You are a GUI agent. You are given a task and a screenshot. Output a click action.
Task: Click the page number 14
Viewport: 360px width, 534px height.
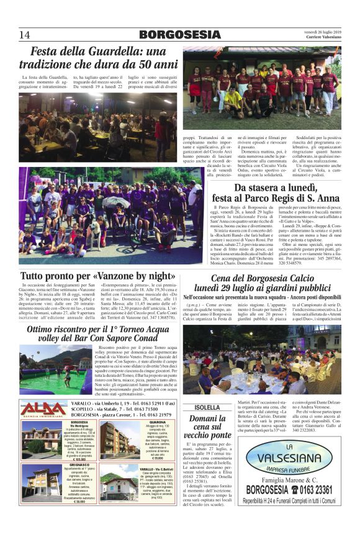[x=25, y=34]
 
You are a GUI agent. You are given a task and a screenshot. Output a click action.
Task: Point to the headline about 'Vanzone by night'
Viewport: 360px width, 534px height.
[x=97, y=275]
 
